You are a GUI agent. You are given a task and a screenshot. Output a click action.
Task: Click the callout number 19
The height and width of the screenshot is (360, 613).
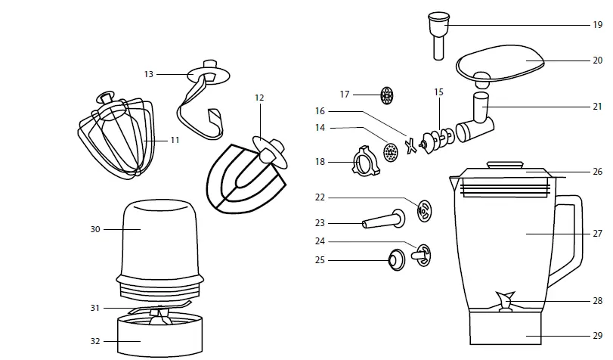click(597, 25)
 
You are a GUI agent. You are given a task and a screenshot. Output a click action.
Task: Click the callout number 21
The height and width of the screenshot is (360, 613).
click(597, 107)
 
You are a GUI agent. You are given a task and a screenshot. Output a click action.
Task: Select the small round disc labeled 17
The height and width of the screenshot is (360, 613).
click(387, 95)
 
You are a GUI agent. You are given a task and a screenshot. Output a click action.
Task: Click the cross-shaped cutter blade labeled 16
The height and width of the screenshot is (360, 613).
click(411, 145)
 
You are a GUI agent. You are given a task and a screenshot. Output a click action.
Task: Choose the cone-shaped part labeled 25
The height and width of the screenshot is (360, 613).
click(395, 260)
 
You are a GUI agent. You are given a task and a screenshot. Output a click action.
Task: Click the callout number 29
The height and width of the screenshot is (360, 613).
click(597, 335)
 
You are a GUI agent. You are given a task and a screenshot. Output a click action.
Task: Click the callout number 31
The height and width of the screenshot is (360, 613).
click(95, 307)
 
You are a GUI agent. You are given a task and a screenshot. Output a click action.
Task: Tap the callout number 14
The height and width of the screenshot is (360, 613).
click(320, 128)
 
